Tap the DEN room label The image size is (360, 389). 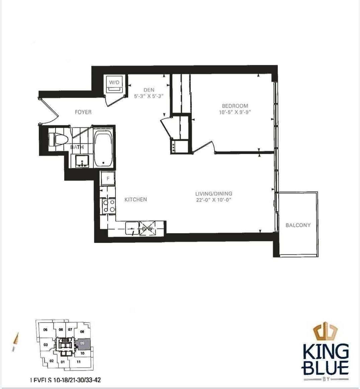click(149, 90)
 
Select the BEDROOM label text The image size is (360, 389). click(235, 106)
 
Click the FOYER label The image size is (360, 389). click(83, 112)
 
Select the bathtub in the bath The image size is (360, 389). click(103, 149)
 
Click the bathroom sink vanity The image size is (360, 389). click(81, 161)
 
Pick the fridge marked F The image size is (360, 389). click(108, 178)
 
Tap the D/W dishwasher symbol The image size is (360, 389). click(147, 229)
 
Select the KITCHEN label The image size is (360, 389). click(136, 200)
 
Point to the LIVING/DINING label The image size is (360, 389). click(214, 193)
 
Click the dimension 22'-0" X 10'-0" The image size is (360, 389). click(214, 200)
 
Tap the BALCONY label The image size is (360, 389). click(298, 225)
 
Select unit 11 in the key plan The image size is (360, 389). click(79, 362)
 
